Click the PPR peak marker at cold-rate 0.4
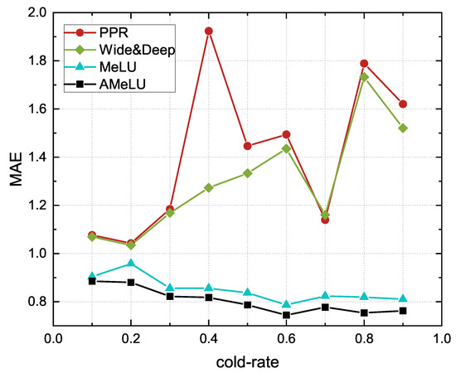click(x=208, y=31)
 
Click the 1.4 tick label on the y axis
click(x=32, y=157)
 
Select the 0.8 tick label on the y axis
click(x=32, y=302)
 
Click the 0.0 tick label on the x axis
click(x=53, y=338)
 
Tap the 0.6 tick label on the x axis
click(x=286, y=338)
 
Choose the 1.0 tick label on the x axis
click(x=441, y=338)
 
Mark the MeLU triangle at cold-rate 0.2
click(x=130, y=264)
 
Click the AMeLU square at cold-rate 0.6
click(x=286, y=315)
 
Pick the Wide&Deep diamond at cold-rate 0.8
click(x=364, y=77)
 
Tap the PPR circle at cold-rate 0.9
click(x=403, y=104)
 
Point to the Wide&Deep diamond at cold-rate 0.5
click(x=247, y=173)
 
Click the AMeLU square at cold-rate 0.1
click(x=92, y=281)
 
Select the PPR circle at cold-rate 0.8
click(x=364, y=63)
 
